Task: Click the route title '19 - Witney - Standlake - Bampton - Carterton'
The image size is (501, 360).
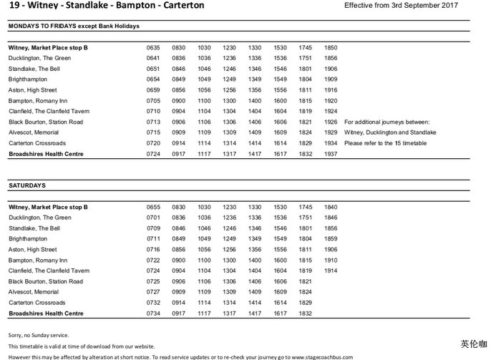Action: click(x=106, y=6)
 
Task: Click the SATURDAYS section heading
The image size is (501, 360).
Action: click(x=27, y=185)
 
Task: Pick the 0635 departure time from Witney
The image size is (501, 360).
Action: click(x=153, y=48)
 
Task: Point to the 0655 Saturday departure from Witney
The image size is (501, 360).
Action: click(x=153, y=207)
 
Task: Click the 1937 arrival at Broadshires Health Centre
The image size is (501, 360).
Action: click(x=330, y=154)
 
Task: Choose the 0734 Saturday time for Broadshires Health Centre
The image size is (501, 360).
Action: click(x=153, y=313)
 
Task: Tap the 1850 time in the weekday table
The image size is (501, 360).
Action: click(x=330, y=48)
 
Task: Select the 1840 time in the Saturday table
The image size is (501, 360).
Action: click(x=330, y=207)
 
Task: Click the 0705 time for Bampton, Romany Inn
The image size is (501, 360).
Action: click(x=153, y=101)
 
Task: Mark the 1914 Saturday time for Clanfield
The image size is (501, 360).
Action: click(x=330, y=271)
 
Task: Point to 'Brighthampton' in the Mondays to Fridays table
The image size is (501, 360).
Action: click(x=28, y=79)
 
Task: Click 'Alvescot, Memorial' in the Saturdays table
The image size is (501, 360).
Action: click(x=34, y=292)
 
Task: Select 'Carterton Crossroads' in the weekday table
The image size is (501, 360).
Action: click(x=37, y=143)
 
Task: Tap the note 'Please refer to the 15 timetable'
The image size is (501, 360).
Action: click(x=387, y=143)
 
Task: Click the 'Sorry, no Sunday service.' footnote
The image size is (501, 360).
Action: click(x=39, y=335)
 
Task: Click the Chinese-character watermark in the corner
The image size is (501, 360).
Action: click(x=474, y=344)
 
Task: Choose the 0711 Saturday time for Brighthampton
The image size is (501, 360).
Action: click(x=153, y=239)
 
